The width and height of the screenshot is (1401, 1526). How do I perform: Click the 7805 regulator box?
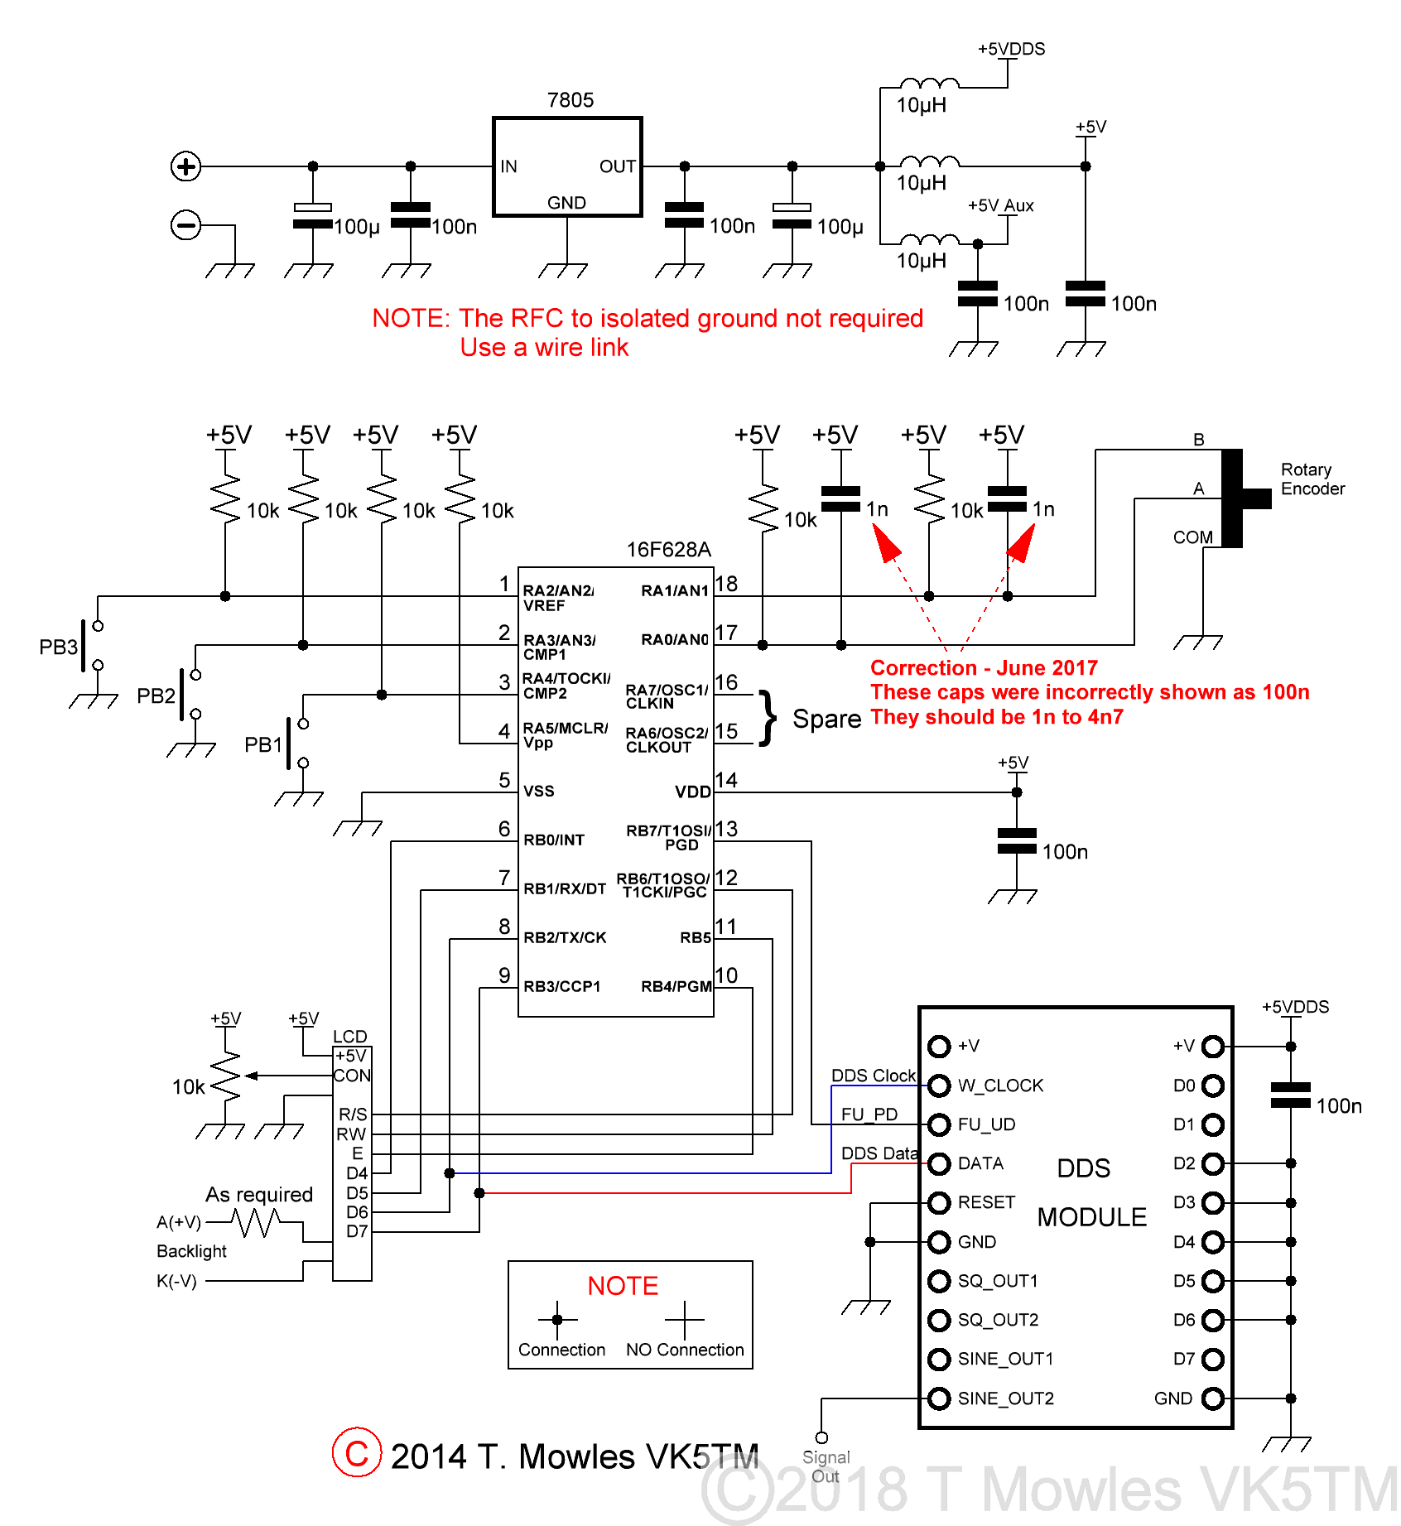click(x=567, y=166)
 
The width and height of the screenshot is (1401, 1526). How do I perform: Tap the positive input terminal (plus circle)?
click(x=185, y=166)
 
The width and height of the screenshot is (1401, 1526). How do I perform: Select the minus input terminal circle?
click(x=185, y=225)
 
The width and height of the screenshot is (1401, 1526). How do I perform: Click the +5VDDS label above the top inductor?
click(x=1011, y=49)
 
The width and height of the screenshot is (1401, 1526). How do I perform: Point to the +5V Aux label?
click(x=1000, y=205)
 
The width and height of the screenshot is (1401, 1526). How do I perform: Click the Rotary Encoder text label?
click(x=1312, y=479)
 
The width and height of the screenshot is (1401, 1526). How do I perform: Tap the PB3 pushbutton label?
click(x=58, y=647)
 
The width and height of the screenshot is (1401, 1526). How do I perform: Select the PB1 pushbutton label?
click(x=263, y=744)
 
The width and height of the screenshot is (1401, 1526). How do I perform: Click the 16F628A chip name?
click(x=668, y=550)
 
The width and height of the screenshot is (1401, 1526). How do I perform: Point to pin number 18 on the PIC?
click(x=726, y=584)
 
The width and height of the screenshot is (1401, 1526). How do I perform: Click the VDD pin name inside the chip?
click(x=692, y=792)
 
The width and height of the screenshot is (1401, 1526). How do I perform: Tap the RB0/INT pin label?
click(x=554, y=840)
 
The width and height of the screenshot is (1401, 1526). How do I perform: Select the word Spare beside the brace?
click(x=826, y=719)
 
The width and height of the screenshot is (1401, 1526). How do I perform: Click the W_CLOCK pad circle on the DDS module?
click(x=938, y=1086)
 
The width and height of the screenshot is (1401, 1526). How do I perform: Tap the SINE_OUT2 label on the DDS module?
click(x=1005, y=1398)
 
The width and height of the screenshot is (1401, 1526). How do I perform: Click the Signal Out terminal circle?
click(x=821, y=1437)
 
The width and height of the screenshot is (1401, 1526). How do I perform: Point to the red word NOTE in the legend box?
click(x=623, y=1286)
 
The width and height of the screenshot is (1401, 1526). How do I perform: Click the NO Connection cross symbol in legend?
click(x=685, y=1320)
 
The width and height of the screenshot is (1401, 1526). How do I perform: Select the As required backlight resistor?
click(x=256, y=1222)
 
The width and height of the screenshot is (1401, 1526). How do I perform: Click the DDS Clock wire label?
click(x=873, y=1075)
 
